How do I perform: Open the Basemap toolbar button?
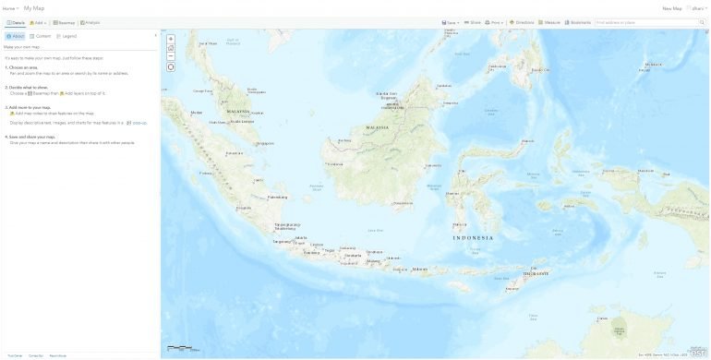64,22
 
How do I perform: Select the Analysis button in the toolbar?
90,22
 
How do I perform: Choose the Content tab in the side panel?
40,36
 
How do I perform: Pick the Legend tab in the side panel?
66,36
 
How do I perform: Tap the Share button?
473,22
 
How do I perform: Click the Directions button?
522,22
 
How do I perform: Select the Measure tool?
549,22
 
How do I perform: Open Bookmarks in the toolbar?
578,22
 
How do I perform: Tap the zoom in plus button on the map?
171,39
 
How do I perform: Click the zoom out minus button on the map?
171,56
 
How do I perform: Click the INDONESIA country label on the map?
473,238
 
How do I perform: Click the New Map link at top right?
671,8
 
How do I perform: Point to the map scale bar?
180,348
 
